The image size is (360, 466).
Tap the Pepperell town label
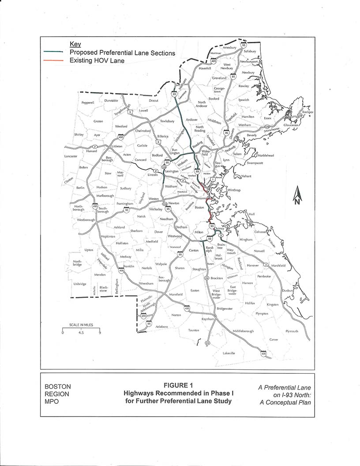point(88,102)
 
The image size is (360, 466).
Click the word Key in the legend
point(75,44)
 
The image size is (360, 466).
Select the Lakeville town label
point(229,353)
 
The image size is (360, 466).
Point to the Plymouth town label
point(292,331)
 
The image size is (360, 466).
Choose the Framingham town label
point(125,204)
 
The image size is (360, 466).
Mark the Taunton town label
point(194,330)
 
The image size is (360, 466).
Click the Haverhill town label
point(206,68)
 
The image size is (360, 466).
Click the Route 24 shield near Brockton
point(206,278)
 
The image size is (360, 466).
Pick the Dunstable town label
point(111,101)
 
